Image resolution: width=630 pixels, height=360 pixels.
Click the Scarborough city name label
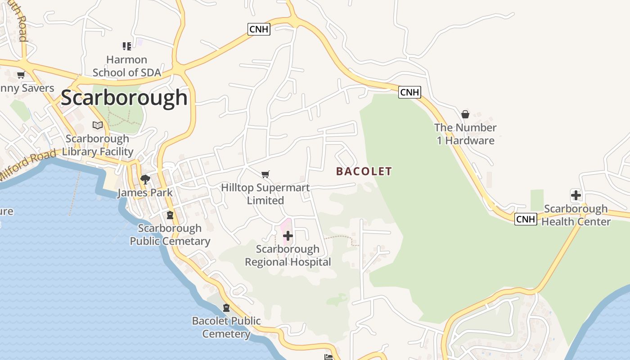[124, 98]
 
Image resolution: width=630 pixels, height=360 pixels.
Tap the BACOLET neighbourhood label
[364, 171]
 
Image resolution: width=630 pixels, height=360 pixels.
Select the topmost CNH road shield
[259, 30]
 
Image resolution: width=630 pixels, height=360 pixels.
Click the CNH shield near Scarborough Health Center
[526, 219]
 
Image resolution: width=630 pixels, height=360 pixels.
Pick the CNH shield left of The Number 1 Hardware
[409, 92]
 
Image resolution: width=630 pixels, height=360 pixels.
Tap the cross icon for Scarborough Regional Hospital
[288, 236]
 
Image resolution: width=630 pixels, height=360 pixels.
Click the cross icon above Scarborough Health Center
[576, 195]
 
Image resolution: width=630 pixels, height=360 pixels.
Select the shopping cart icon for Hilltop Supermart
[265, 174]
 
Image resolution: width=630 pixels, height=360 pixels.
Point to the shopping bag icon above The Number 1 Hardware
[465, 114]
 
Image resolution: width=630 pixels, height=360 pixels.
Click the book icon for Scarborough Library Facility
[98, 125]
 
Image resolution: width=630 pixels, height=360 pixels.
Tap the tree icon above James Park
[145, 180]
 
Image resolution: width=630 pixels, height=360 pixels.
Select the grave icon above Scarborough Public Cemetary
[170, 215]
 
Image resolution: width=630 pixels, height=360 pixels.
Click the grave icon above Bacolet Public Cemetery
[226, 308]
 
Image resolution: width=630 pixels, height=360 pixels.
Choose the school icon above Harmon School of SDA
[126, 46]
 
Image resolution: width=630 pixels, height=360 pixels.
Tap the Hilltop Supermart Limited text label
[265, 194]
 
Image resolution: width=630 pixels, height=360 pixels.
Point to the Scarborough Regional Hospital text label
[288, 256]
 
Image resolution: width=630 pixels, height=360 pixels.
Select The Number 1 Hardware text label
[465, 134]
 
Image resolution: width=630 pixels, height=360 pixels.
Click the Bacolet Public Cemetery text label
[226, 328]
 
